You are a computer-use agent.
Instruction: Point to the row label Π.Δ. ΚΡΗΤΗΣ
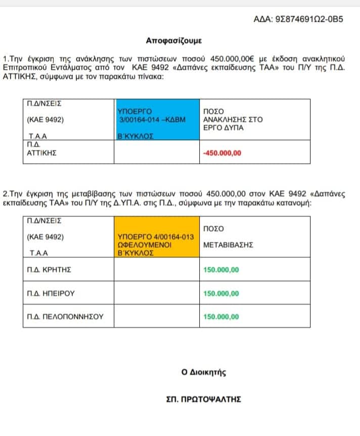point(49,269)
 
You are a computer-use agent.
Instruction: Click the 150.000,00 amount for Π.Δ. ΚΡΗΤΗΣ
point(221,269)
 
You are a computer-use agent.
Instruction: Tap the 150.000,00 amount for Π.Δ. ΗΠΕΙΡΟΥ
point(221,293)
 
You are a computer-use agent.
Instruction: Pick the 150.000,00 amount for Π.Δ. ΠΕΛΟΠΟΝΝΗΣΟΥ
point(221,317)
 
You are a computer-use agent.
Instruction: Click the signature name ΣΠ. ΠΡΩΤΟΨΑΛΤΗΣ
point(204,399)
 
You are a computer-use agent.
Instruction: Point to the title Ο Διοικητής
point(204,373)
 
